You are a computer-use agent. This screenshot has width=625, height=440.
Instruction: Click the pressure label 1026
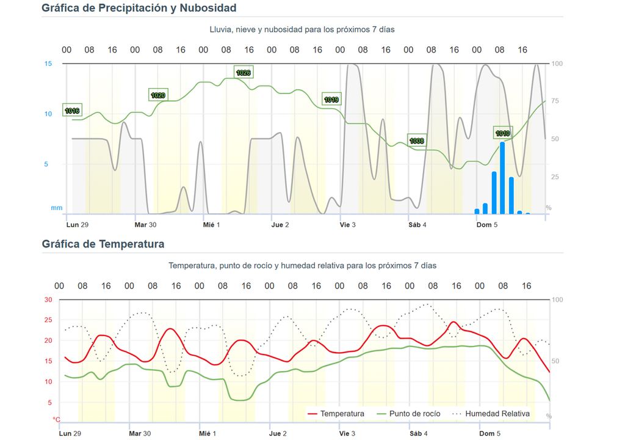tap(243, 73)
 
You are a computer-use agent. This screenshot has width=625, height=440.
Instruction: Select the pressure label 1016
tap(72, 111)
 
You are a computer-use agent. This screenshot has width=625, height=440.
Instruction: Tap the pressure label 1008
tap(417, 141)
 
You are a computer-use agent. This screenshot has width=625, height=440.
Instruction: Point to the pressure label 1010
tap(502, 133)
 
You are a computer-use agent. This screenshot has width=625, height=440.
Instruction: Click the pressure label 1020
tap(158, 95)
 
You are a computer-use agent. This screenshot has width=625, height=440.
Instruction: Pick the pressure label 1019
tap(331, 99)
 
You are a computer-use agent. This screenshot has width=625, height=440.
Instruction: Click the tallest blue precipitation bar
tap(502, 177)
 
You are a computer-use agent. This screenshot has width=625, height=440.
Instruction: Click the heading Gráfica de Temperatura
tap(103, 244)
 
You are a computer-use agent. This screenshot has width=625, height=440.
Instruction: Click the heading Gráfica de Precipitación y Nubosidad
tap(139, 8)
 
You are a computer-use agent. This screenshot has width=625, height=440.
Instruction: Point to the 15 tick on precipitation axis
tap(48, 64)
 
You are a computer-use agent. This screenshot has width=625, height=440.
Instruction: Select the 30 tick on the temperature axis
tap(48, 299)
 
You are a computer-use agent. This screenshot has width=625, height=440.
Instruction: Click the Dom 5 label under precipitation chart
tap(487, 225)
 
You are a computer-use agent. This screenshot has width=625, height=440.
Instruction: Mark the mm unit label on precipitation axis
tap(56, 208)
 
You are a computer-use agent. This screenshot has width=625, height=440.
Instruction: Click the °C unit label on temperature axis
tap(56, 420)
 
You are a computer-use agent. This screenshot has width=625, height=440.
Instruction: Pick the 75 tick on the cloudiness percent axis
tap(555, 101)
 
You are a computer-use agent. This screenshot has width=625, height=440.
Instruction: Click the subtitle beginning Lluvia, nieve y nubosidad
tap(303, 29)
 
